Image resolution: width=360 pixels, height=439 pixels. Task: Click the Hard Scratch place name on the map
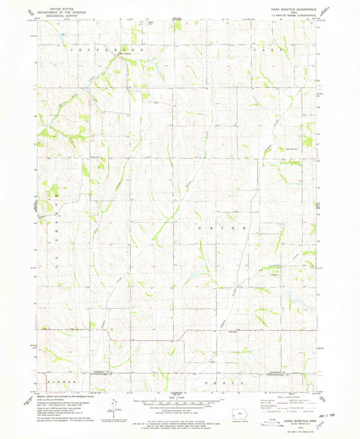pyautogui.click(x=123, y=55)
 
